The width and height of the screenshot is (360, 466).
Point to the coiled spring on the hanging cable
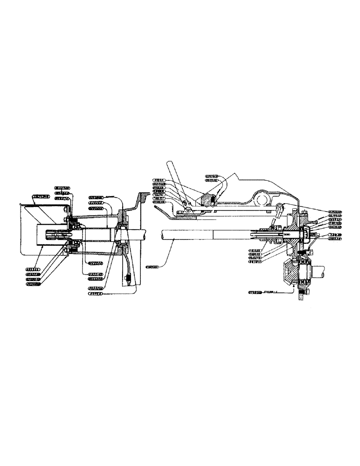click(127, 280)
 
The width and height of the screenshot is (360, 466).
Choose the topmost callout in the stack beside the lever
click(161, 179)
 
